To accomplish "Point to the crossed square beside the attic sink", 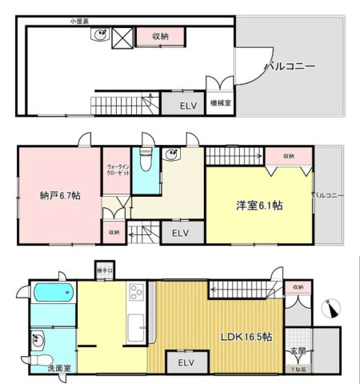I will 122,37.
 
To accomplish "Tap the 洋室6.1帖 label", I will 258,205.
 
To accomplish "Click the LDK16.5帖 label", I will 247,337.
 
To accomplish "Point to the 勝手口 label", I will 104,270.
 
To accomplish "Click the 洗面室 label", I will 38,369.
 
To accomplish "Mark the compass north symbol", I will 333,310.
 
